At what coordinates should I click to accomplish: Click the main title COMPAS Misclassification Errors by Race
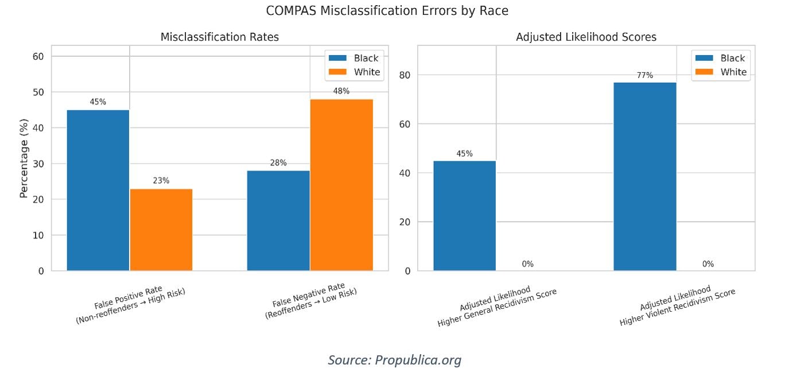pyautogui.click(x=387, y=11)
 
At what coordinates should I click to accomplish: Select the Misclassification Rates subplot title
pyautogui.click(x=219, y=37)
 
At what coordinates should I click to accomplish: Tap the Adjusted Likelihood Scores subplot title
pyautogui.click(x=586, y=37)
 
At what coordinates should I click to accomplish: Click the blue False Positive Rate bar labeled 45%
pyautogui.click(x=98, y=189)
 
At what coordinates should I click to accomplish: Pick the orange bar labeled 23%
pyautogui.click(x=161, y=230)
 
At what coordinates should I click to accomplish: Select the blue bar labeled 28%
pyautogui.click(x=278, y=220)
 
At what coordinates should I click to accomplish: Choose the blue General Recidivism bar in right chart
pyautogui.click(x=464, y=215)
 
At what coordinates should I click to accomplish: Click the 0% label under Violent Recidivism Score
pyautogui.click(x=708, y=264)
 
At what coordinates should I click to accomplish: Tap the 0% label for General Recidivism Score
pyautogui.click(x=527, y=264)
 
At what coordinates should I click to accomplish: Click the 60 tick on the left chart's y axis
pyautogui.click(x=38, y=56)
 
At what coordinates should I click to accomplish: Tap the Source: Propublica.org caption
pyautogui.click(x=394, y=360)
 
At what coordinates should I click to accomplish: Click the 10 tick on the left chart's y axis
pyautogui.click(x=38, y=235)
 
